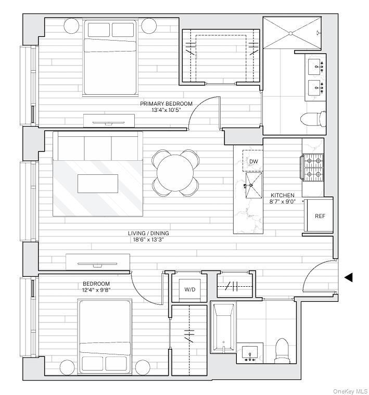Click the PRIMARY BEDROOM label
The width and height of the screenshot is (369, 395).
click(x=166, y=104)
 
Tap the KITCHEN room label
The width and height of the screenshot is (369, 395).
click(x=283, y=195)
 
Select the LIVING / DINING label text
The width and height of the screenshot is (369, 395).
click(x=148, y=233)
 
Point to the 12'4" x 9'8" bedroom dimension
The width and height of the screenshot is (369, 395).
click(x=96, y=290)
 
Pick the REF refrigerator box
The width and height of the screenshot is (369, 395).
click(x=320, y=216)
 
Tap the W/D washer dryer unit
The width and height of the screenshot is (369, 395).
click(x=190, y=289)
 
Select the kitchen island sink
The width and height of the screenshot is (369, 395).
click(x=253, y=185)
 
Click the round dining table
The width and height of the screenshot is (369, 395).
click(x=175, y=173)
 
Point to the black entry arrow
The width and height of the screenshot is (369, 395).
click(x=348, y=277)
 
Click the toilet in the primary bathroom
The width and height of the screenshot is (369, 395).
click(x=313, y=119)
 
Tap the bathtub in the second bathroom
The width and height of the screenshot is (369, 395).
click(x=223, y=327)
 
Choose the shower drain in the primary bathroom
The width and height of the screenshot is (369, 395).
click(x=290, y=33)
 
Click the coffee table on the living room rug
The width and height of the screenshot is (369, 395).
click(x=98, y=184)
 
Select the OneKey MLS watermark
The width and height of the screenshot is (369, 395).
click(x=350, y=391)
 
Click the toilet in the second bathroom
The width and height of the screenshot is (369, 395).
click(x=282, y=351)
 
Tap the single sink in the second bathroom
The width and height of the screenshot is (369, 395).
click(x=250, y=352)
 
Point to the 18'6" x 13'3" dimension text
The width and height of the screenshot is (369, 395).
click(x=148, y=239)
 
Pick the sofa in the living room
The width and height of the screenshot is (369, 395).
click(x=98, y=146)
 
